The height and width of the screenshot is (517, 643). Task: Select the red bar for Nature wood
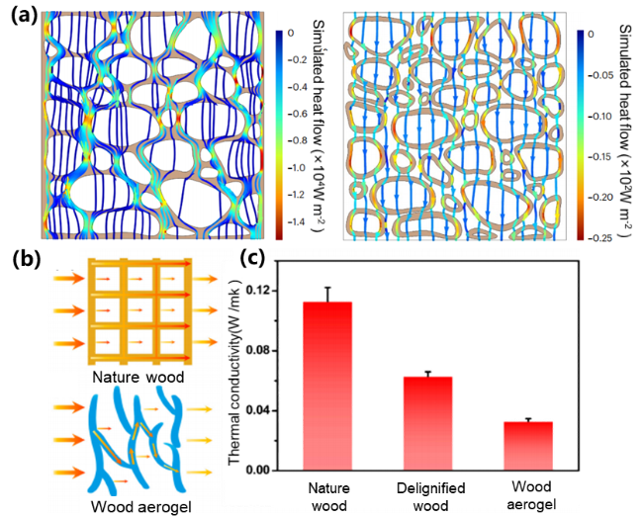pos(326,386)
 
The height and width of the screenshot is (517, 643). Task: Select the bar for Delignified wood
pos(427,423)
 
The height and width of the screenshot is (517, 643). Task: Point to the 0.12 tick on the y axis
pos(263,291)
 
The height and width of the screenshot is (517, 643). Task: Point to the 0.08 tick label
pos(263,350)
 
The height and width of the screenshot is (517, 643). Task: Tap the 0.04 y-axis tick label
pos(263,410)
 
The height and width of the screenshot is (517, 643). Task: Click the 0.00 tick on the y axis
pos(263,470)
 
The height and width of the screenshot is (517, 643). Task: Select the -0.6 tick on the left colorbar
pos(300,114)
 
